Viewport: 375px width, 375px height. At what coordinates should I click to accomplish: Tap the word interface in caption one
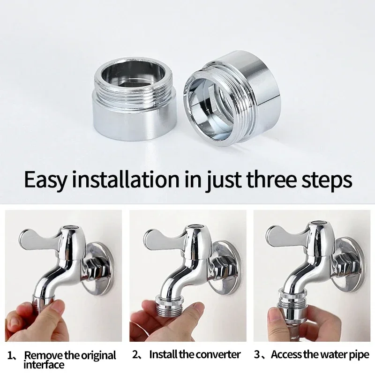tap(44, 364)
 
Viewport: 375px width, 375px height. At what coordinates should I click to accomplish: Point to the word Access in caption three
tap(286, 355)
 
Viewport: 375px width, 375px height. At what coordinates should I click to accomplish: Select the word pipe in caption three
tap(360, 355)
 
